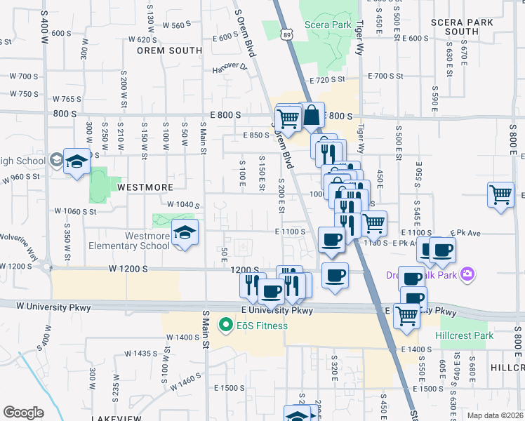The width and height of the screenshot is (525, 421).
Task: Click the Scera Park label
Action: pos(328,25)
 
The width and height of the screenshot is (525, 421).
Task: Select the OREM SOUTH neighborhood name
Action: pos(169,51)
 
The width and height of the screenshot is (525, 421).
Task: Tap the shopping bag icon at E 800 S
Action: pos(312,115)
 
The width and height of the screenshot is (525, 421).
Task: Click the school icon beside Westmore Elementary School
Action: pos(185,233)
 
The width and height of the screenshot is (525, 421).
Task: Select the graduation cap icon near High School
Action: pos(77,162)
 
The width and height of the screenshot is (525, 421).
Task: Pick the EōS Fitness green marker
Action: pos(226,325)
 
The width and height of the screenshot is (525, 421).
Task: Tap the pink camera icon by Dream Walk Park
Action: pos(469,274)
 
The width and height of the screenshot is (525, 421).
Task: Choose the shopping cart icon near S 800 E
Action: pos(500,194)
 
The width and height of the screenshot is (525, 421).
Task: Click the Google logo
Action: pos(23,413)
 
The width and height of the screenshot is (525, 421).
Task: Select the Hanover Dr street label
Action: pos(230,69)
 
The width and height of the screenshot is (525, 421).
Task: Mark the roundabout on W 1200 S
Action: pos(46,267)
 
